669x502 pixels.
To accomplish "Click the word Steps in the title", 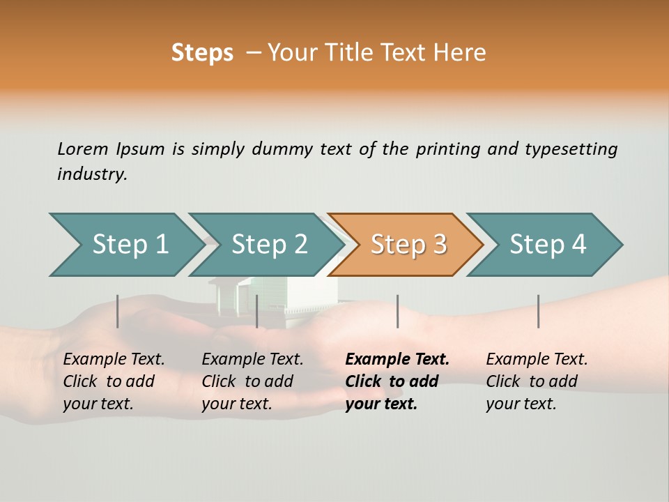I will [202, 52].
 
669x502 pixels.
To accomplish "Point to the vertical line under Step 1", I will [118, 311].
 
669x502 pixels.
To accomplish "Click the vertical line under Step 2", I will [257, 311].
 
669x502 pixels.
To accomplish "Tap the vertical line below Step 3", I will [397, 311].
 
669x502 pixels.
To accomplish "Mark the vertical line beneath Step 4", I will [538, 311].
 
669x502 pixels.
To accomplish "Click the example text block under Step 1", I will [113, 381].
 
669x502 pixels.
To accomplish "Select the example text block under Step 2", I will [252, 381].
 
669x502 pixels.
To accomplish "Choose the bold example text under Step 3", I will [397, 381].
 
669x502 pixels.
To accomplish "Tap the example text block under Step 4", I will [536, 381].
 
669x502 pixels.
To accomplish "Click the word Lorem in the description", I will [82, 149].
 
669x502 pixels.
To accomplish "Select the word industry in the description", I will [92, 174].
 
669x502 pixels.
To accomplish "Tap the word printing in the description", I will [444, 149].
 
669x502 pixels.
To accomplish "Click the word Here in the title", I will [463, 52].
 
